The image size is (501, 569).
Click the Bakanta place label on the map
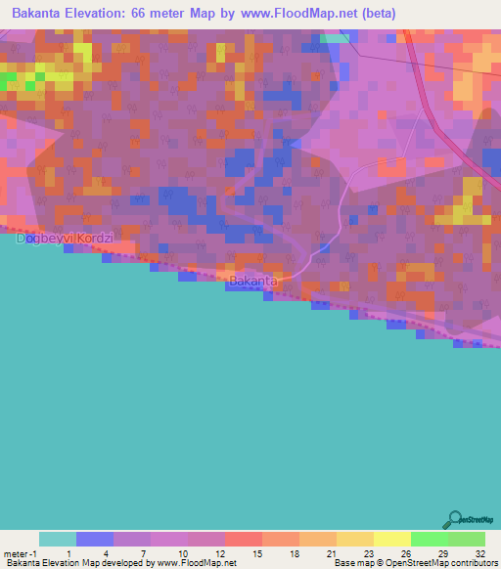point(253,281)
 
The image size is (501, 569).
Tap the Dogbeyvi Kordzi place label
point(66,238)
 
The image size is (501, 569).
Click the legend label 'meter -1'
point(20,554)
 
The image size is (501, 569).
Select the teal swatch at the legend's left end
point(57,539)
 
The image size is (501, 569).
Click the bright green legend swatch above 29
point(429,539)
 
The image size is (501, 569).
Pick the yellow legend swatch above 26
point(391,539)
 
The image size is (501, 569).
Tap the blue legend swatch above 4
point(94,539)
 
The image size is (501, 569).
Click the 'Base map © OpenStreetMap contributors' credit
point(412,563)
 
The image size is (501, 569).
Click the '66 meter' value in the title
point(150,13)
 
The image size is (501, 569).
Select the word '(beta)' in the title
point(374,13)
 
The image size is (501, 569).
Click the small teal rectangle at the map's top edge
point(334,38)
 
